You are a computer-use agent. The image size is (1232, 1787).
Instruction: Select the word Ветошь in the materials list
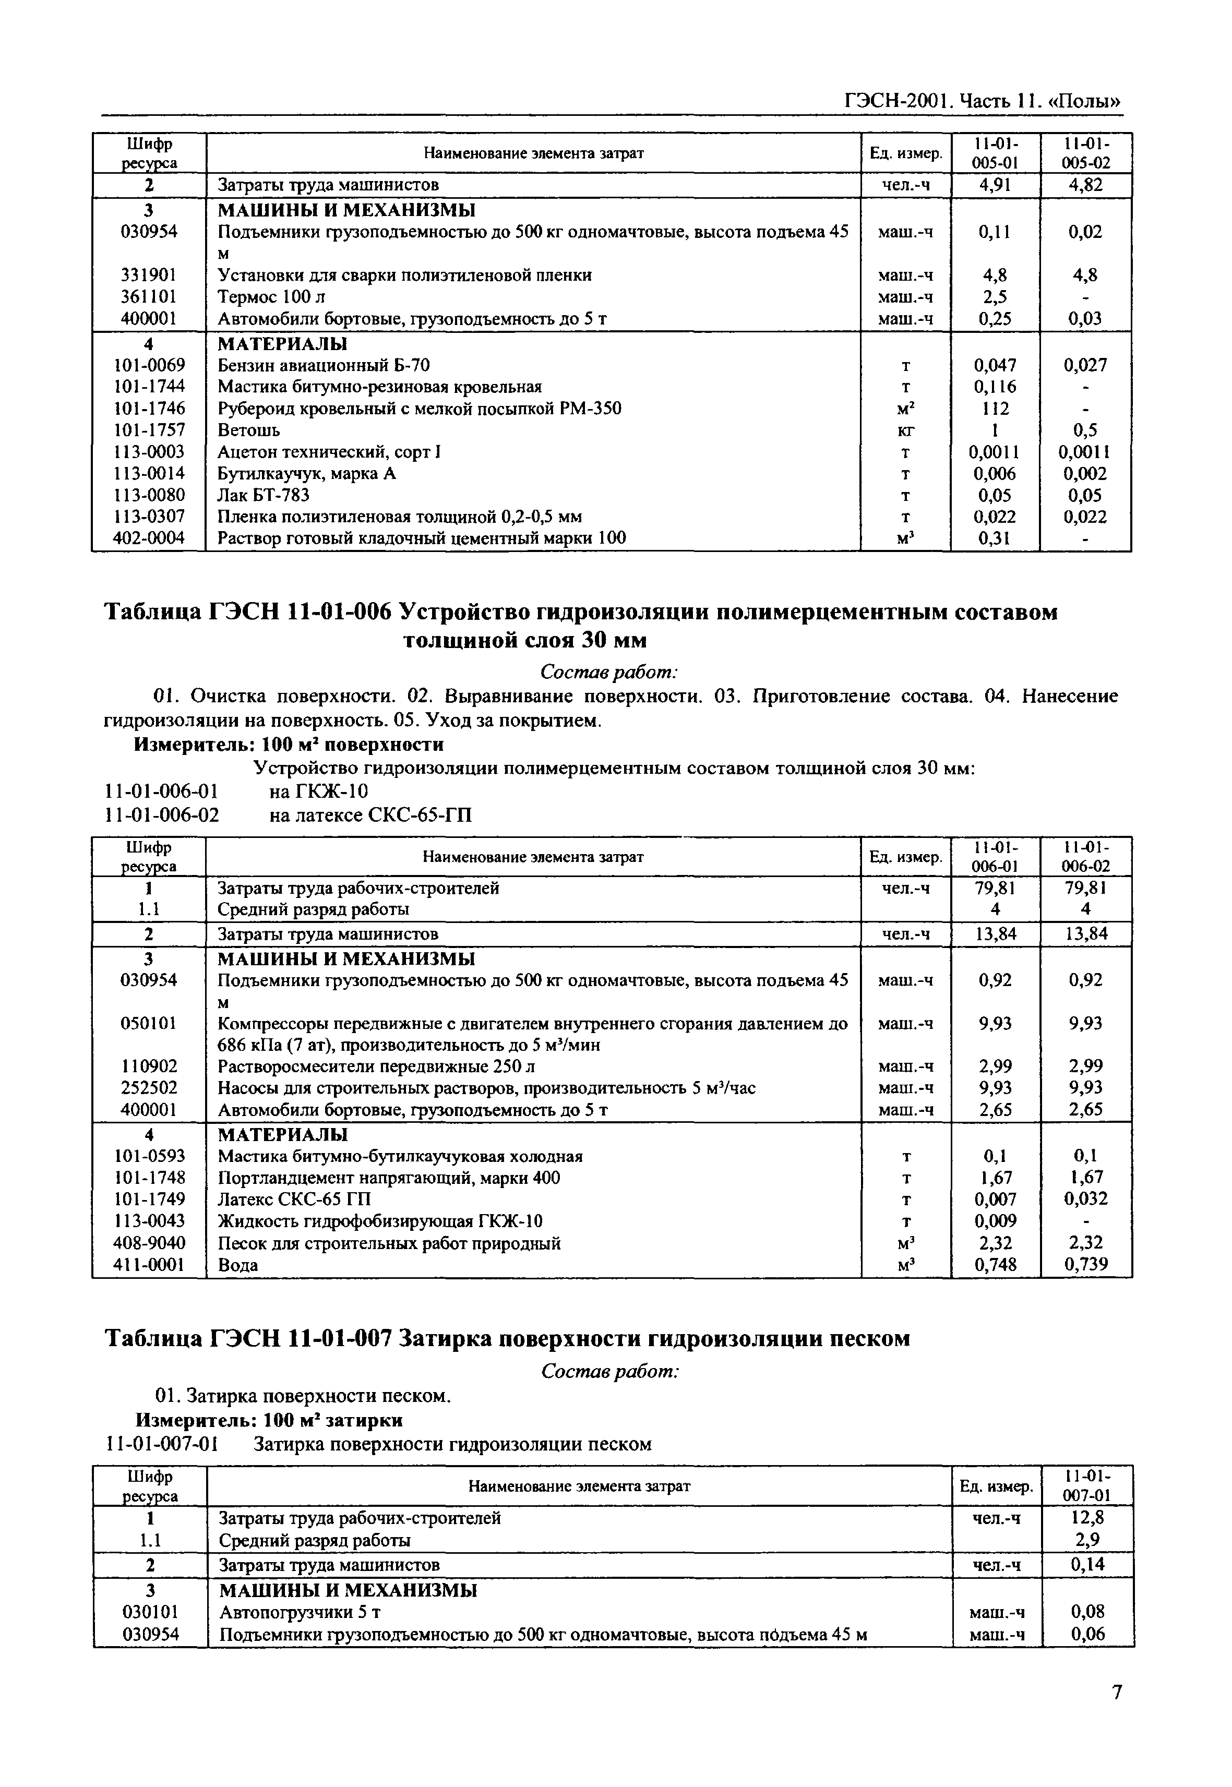click(x=248, y=430)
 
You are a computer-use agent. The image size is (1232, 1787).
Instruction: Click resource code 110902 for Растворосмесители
click(x=149, y=1066)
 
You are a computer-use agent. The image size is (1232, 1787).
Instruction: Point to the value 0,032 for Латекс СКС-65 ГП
click(x=1085, y=1199)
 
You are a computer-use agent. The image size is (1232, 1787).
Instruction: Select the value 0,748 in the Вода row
click(x=995, y=1264)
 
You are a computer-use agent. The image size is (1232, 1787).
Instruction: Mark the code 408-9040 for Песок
click(x=149, y=1243)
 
